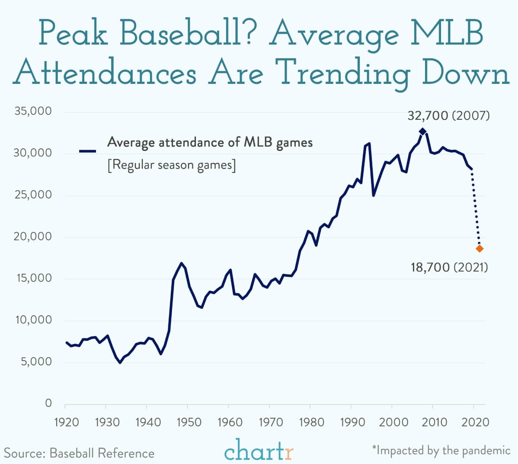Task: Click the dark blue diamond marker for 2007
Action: coord(422,131)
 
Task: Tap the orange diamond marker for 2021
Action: coord(480,249)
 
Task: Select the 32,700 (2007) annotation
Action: coord(449,115)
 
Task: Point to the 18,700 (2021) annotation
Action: coord(449,267)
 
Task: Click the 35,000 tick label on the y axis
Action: coord(33,111)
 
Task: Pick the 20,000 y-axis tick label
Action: coord(33,236)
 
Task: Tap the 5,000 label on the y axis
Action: coord(36,361)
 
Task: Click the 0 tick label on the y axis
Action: coord(48,403)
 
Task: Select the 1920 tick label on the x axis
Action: coord(67,422)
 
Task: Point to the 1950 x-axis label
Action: coord(189,422)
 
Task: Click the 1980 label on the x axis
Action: coord(311,422)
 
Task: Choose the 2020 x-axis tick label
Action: coord(475,422)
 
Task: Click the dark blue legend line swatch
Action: coord(87,151)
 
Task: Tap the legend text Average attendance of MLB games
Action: coord(210,143)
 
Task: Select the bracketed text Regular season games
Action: coord(172,165)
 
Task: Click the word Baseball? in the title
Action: coord(186,33)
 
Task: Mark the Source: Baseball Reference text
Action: coord(79,453)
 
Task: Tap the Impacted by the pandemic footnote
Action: coord(441,450)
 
